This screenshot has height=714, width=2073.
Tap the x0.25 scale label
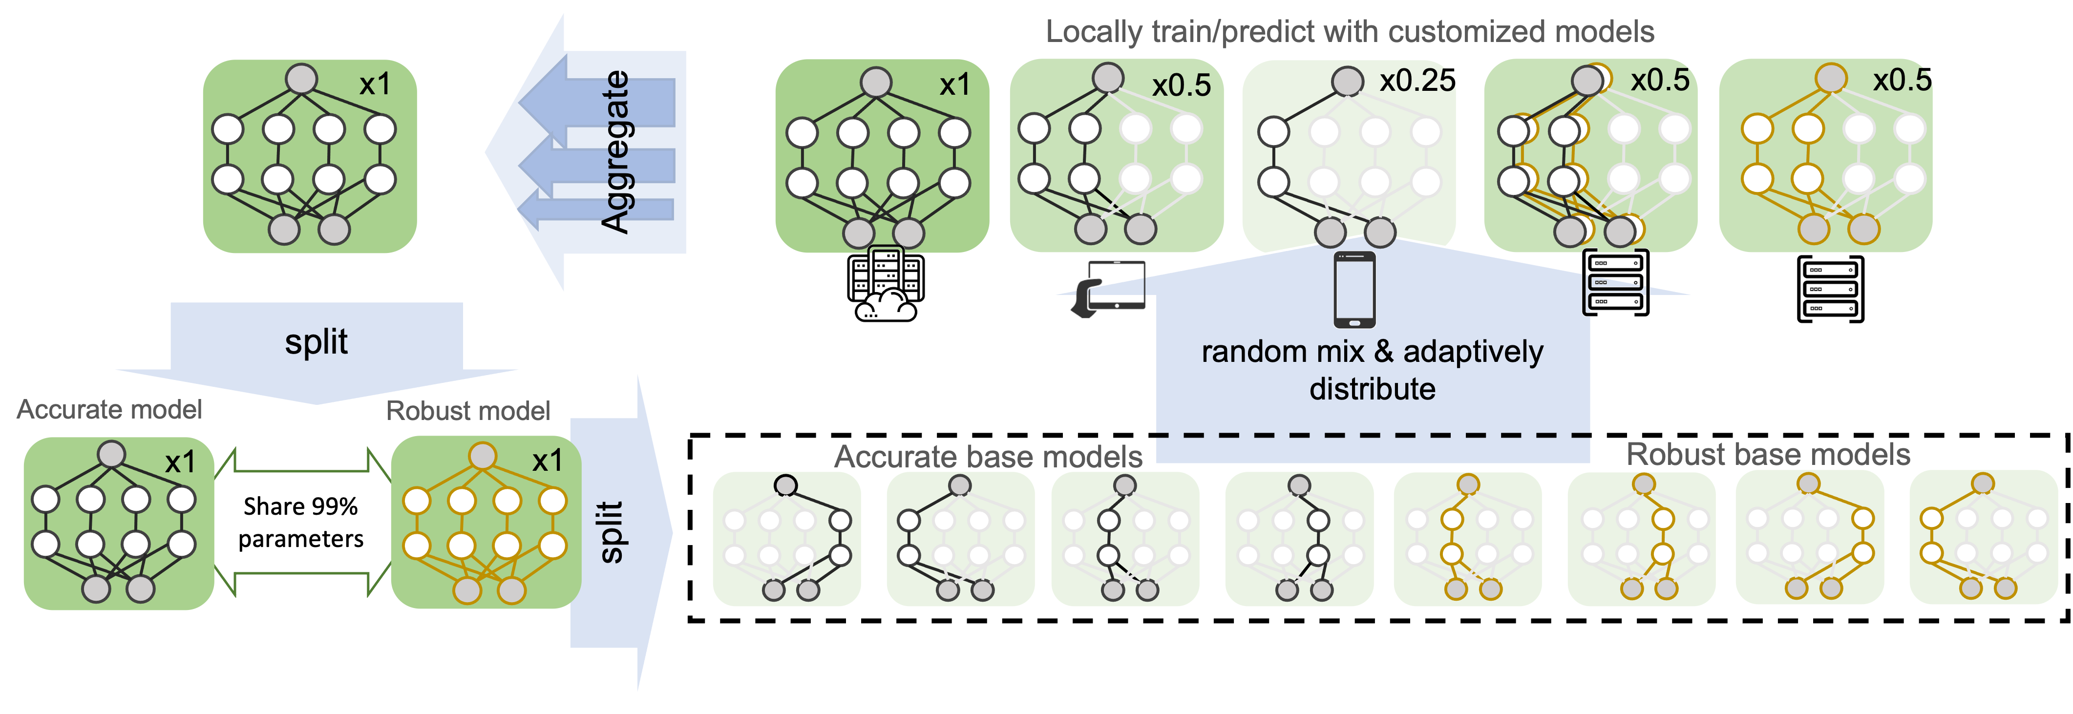[1417, 81]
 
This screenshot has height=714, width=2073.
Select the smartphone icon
[1354, 290]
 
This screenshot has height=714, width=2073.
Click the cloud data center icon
[885, 286]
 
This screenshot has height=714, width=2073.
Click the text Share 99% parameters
[301, 523]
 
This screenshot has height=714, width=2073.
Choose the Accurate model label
[109, 410]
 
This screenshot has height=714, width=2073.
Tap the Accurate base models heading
[988, 457]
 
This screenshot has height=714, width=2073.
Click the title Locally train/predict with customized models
[1350, 32]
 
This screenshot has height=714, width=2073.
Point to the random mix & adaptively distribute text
[1372, 370]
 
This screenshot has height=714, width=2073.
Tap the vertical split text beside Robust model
[612, 532]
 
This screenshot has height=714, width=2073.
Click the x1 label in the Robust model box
[547, 461]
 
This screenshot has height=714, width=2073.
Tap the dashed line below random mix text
[1372, 436]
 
